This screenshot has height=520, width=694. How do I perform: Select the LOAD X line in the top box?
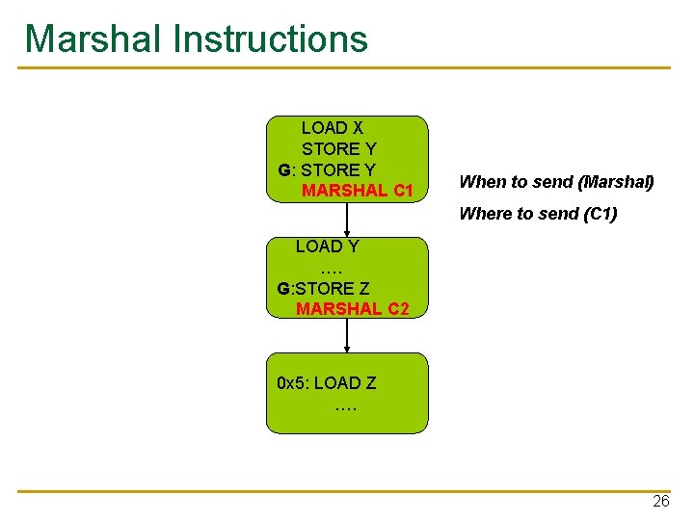click(x=332, y=127)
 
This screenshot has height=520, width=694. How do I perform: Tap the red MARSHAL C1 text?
click(x=357, y=191)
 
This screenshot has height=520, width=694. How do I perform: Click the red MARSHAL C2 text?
click(x=352, y=309)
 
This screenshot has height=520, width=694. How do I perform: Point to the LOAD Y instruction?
click(x=327, y=247)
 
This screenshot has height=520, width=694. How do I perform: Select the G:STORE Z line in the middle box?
click(x=323, y=288)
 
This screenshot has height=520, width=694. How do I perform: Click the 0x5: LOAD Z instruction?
click(x=326, y=382)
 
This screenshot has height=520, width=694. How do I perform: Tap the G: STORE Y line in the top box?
click(x=327, y=170)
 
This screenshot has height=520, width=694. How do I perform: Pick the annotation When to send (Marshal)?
click(x=556, y=181)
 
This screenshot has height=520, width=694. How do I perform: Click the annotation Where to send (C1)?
click(x=538, y=214)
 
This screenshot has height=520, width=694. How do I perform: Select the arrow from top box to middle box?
click(x=347, y=219)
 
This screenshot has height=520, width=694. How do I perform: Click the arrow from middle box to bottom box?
click(x=347, y=335)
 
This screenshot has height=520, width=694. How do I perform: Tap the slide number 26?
click(x=660, y=502)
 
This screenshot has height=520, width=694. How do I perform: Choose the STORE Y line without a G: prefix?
click(x=338, y=149)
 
